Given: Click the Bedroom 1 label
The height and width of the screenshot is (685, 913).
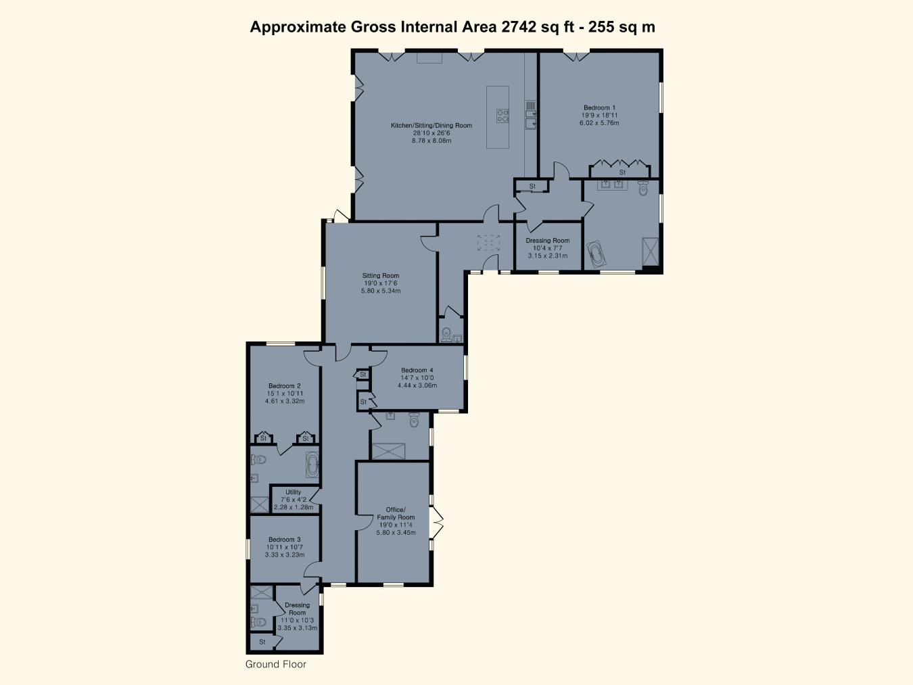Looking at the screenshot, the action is coord(599,108).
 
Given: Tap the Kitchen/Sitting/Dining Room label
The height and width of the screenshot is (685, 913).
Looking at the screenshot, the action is coord(431,125).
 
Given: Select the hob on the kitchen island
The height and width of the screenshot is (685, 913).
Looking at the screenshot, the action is coord(502,116).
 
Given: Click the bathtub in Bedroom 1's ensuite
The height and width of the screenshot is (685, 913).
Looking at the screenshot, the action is coord(596,254).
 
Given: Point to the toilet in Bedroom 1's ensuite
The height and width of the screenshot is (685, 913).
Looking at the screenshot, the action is coord(643,189).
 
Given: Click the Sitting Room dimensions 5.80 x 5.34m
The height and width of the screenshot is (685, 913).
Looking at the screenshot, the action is coord(381,291).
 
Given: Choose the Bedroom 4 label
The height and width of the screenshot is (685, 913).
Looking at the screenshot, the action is coord(417,370).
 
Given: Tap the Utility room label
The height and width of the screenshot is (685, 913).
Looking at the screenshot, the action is coord(294,492).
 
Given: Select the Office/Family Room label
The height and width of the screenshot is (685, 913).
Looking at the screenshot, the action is coord(396,513).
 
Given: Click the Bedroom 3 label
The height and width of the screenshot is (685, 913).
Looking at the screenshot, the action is coord(285,540).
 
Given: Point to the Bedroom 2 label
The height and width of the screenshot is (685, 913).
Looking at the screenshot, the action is coord(285,385).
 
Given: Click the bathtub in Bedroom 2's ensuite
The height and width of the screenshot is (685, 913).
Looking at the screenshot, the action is coord(312,465).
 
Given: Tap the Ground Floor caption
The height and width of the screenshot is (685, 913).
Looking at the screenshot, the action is coord(276,664).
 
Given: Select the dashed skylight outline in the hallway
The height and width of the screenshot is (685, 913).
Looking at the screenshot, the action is coord(488,243).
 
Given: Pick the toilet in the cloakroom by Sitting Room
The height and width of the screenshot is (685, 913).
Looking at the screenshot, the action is coord(446,333).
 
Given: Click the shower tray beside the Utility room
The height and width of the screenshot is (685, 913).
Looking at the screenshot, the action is coord(260,504).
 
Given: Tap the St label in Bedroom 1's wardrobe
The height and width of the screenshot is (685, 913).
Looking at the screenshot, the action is coord(622,172).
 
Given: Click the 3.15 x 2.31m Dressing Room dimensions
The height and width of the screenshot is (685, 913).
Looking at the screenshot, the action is coord(548,256).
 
